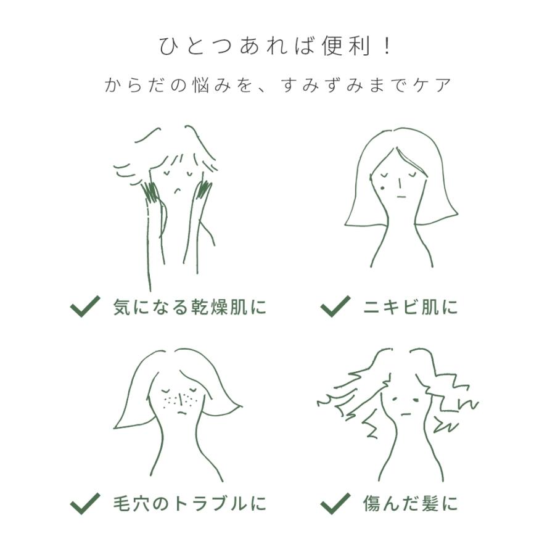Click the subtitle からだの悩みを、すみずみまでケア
pyautogui.click(x=277, y=85)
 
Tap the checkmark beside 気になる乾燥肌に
pyautogui.click(x=85, y=306)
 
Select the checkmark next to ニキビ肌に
pyautogui.click(x=335, y=306)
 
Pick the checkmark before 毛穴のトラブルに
pyautogui.click(x=85, y=503)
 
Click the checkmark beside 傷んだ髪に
pyautogui.click(x=335, y=503)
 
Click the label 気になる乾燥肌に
pyautogui.click(x=190, y=306)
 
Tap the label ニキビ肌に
pyautogui.click(x=410, y=306)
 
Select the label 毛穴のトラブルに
pyautogui.click(x=190, y=504)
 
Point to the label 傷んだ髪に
pyautogui.click(x=410, y=504)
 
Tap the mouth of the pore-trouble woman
pyautogui.click(x=180, y=411)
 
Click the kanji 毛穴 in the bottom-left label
pyautogui.click(x=131, y=504)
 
